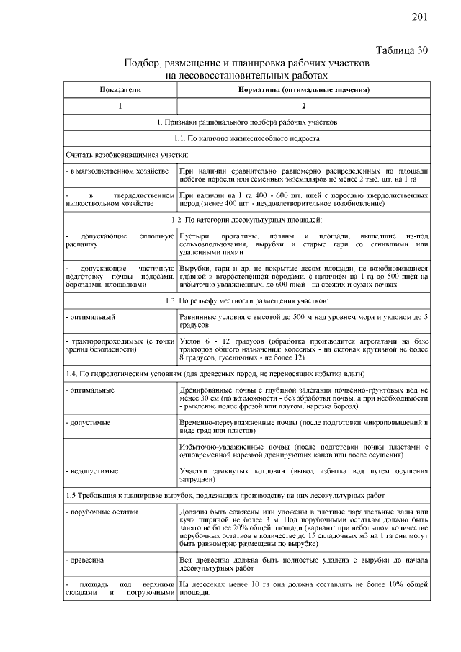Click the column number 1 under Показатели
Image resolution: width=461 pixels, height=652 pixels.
[x=120, y=105]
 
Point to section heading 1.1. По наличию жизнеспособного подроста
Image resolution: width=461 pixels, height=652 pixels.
[x=246, y=137]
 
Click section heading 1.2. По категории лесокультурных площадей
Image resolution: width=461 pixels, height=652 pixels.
[x=246, y=218]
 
